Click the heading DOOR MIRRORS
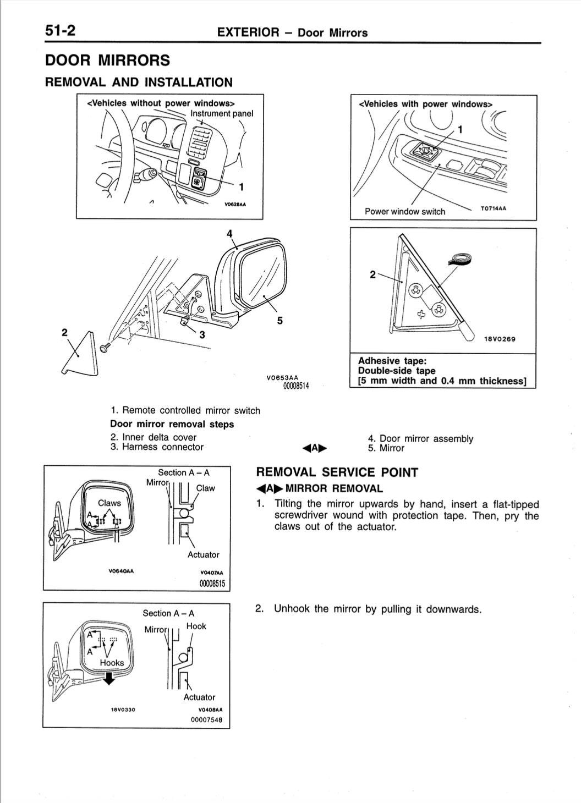point(107,61)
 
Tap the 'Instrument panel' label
point(222,113)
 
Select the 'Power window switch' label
point(405,212)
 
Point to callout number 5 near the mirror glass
point(280,321)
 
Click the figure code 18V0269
point(500,339)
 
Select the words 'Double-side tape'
point(396,371)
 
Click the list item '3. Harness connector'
point(157,447)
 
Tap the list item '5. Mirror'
point(386,448)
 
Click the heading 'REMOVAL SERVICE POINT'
point(337,472)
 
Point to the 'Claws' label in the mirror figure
point(109,503)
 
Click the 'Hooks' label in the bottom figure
point(112,663)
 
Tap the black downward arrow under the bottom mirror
point(110,680)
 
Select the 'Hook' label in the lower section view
point(196,626)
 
